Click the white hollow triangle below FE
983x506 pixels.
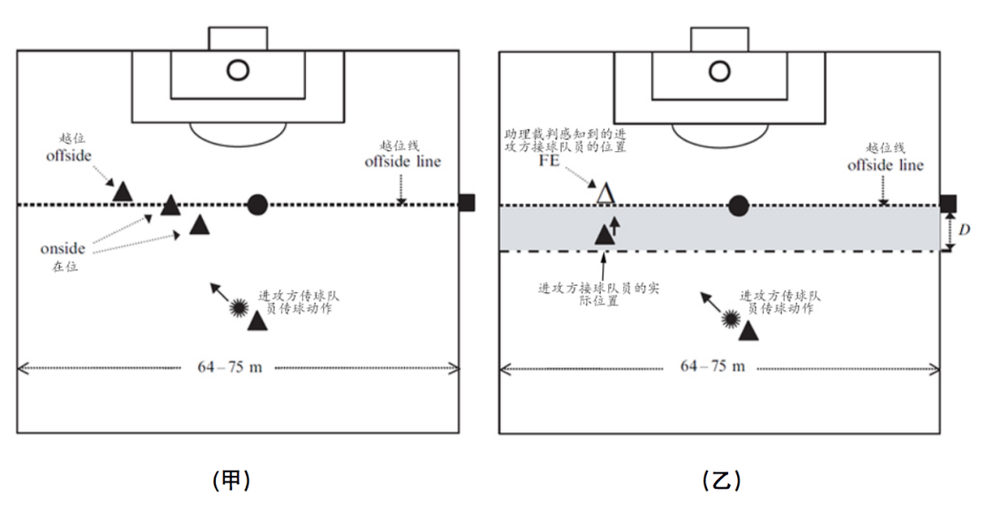605,195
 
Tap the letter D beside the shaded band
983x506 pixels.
964,229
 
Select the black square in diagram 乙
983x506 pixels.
948,203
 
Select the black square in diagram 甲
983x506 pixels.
466,203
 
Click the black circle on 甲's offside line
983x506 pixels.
257,205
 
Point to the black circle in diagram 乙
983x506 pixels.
738,205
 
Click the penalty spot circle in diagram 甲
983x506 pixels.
238,69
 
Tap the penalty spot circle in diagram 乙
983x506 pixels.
720,71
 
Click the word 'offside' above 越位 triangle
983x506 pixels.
68,155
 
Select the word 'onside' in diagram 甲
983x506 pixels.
63,248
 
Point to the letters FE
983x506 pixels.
549,160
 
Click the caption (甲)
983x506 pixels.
231,481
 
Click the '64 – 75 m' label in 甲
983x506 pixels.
230,367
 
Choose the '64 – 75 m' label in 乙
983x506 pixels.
713,366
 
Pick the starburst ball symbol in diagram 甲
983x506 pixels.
238,308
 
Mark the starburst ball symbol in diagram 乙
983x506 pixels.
730,319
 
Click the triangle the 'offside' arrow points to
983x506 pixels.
123,191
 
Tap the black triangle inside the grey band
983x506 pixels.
603,235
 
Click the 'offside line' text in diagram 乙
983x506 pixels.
886,165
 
